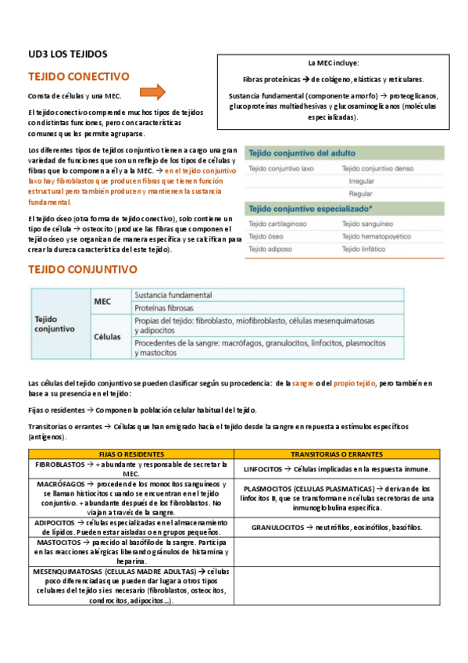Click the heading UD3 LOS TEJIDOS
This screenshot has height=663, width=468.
click(x=68, y=54)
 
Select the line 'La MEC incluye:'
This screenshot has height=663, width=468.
click(x=334, y=63)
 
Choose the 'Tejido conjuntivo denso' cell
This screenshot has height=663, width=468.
click(x=377, y=169)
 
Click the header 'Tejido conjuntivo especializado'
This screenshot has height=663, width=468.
click(x=308, y=209)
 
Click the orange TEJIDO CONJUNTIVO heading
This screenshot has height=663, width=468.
click(x=82, y=269)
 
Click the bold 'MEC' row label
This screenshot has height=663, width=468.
click(x=102, y=300)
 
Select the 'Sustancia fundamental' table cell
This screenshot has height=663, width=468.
click(x=173, y=295)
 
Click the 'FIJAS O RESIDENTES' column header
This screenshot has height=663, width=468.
click(x=130, y=453)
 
